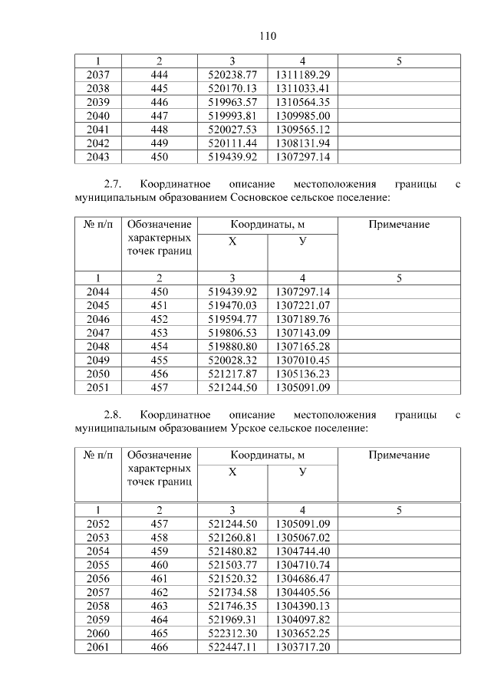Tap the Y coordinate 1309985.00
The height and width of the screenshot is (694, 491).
tap(302, 116)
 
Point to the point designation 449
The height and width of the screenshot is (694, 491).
tap(159, 143)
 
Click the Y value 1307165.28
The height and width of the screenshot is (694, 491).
tap(302, 347)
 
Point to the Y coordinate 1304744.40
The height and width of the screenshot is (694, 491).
tap(302, 551)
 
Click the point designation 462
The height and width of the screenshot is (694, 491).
tap(159, 592)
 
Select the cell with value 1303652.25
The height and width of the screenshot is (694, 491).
tap(302, 633)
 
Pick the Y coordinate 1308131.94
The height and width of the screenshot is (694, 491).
tap(302, 143)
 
